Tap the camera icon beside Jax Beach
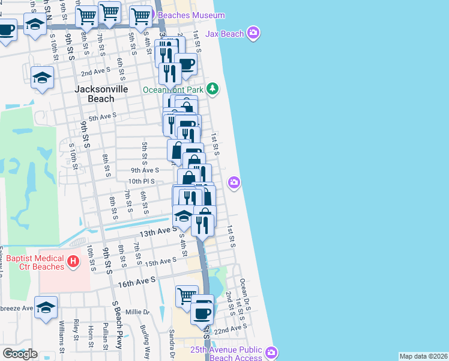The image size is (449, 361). [253, 32]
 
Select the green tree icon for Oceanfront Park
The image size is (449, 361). [212, 89]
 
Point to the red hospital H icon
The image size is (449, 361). [73, 262]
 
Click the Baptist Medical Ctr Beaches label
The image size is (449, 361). [35, 262]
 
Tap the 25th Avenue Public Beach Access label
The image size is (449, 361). [226, 354]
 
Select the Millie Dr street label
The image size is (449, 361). [137, 312]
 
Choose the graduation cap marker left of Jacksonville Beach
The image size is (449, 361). [43, 78]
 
